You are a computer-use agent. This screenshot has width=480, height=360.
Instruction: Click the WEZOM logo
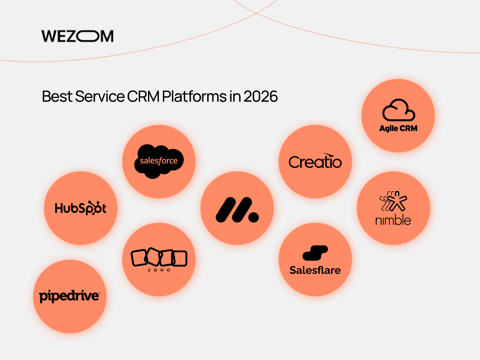tap(77, 36)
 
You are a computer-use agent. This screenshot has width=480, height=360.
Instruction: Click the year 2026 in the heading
tap(261, 97)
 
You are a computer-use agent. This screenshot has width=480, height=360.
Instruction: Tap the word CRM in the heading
tap(143, 97)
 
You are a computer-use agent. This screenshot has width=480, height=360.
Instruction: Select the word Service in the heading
tap(100, 97)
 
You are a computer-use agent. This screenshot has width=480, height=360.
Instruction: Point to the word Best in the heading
tap(57, 97)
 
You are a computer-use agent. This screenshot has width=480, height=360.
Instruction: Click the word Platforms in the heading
tap(195, 97)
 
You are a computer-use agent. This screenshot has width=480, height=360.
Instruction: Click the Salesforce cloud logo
tap(159, 161)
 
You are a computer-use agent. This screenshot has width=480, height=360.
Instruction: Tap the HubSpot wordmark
tap(81, 208)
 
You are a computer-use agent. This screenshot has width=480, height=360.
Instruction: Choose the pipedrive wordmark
tap(70, 296)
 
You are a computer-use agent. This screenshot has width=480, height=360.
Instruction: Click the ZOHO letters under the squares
tap(159, 270)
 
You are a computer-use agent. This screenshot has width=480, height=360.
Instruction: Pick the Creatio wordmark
tap(315, 162)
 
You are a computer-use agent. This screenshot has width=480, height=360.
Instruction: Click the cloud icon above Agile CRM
tap(399, 110)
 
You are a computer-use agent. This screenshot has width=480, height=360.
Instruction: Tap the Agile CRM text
tap(398, 129)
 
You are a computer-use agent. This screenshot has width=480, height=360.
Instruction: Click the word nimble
tap(393, 220)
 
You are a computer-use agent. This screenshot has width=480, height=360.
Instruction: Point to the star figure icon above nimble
tap(394, 201)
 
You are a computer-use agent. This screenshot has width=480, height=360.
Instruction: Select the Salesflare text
tap(315, 270)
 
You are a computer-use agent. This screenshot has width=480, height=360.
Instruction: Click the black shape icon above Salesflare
tap(315, 253)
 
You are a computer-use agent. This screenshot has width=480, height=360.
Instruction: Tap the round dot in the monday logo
tap(253, 217)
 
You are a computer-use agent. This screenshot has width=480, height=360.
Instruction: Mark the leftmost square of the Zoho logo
tap(139, 257)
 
